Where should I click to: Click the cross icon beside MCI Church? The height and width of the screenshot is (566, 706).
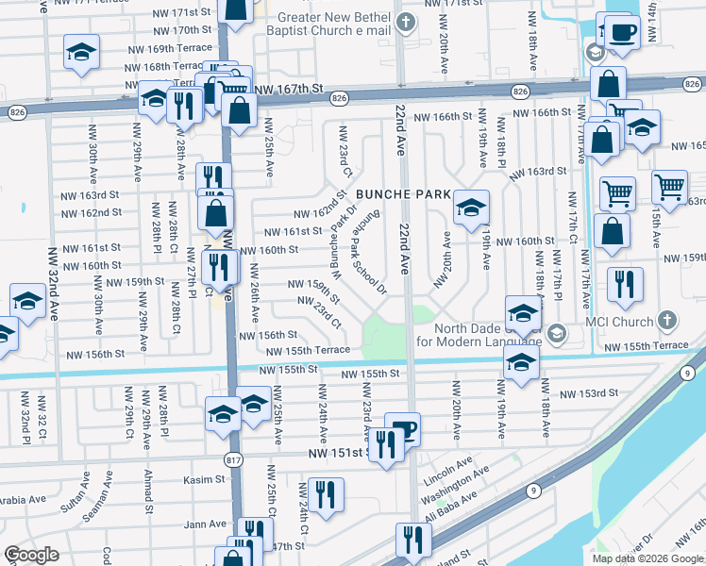669,320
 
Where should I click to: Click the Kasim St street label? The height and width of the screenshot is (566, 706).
206,479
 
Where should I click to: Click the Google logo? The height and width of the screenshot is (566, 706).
31,556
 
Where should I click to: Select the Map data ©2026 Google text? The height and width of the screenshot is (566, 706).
647,558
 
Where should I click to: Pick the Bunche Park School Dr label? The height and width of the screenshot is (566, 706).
370,256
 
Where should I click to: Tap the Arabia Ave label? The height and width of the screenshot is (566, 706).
24,500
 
